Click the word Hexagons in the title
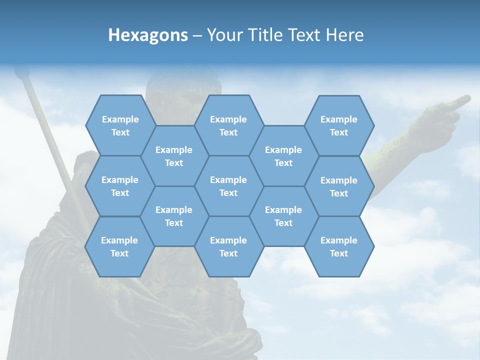[148, 35]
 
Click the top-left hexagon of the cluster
[120, 125]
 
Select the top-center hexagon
[228, 125]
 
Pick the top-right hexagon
[339, 125]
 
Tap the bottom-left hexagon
[119, 246]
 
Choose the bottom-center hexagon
[228, 246]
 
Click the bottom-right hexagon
[339, 246]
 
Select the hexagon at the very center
[228, 186]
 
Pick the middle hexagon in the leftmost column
[120, 186]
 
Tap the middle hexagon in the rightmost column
[339, 186]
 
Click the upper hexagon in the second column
[174, 156]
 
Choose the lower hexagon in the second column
[174, 216]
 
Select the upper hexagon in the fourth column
[283, 156]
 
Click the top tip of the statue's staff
[20, 72]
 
